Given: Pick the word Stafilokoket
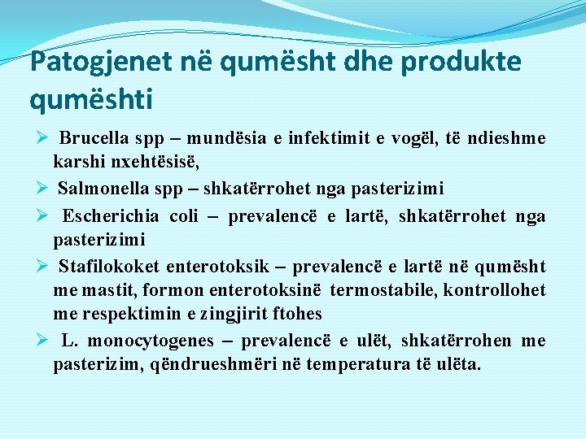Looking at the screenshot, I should [x=108, y=266].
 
